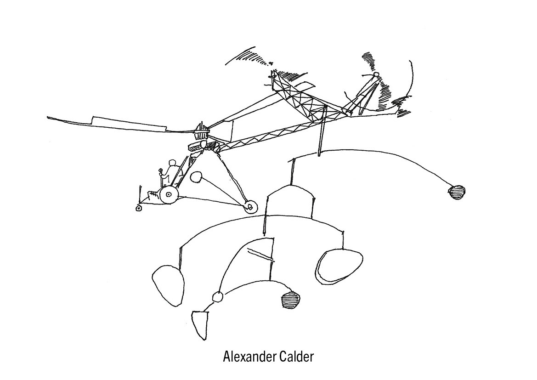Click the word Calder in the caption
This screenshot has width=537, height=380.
coord(296,357)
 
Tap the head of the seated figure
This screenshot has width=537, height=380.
coord(172,163)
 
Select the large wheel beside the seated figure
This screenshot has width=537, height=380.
coord(169,195)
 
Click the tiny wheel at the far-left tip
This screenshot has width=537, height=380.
coord(138,208)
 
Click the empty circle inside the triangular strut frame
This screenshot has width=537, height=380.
coord(196,177)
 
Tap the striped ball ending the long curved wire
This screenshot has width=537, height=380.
coord(457,191)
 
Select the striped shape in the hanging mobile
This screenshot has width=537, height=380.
coord(291,300)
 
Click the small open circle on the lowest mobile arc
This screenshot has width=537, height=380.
coord(217,297)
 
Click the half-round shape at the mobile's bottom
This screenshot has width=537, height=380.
coord(198,323)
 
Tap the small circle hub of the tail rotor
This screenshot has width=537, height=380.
coord(375,75)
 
